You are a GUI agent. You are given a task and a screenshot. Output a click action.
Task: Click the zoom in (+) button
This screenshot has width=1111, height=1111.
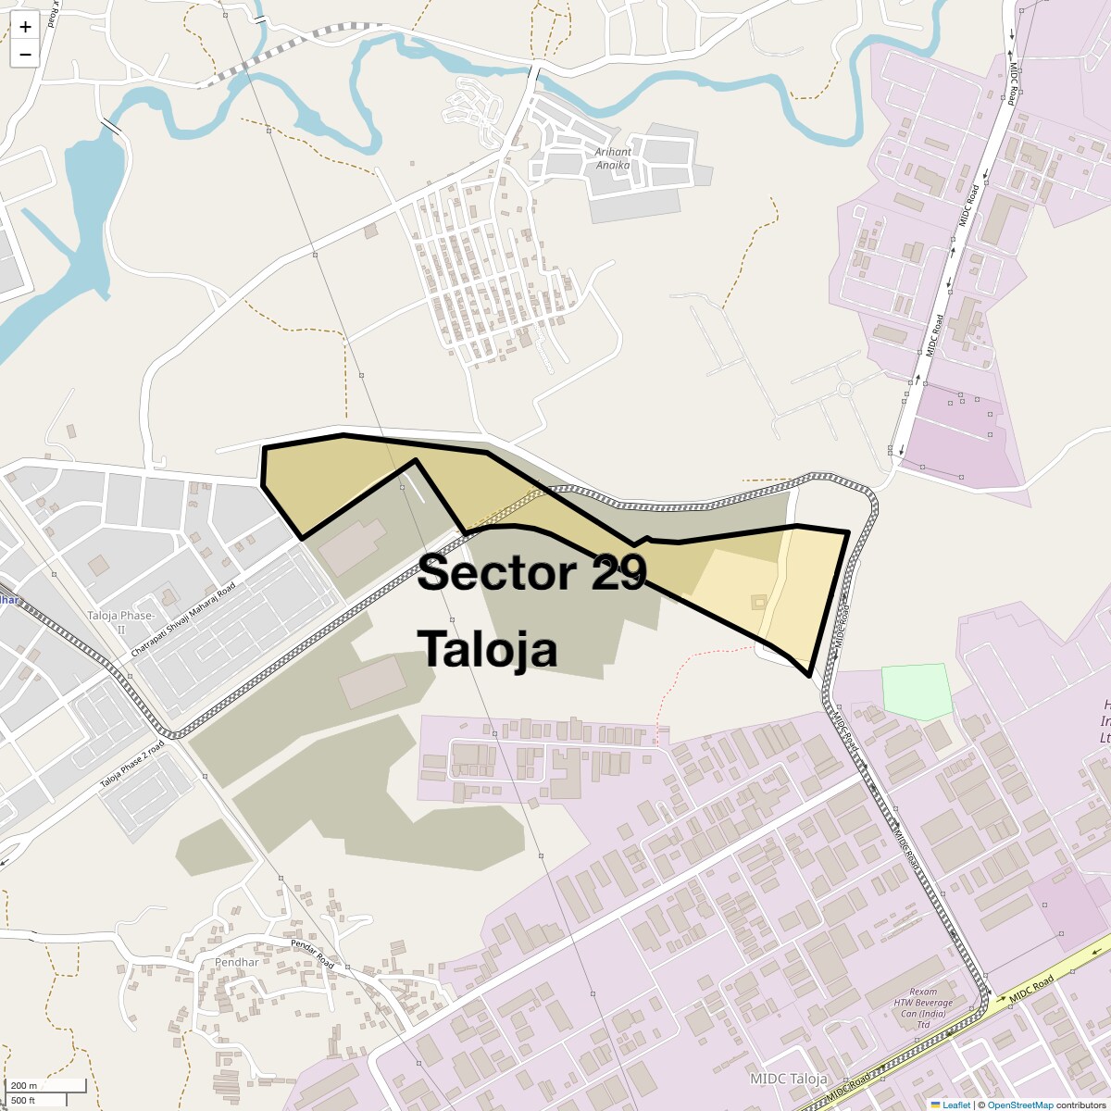(25, 27)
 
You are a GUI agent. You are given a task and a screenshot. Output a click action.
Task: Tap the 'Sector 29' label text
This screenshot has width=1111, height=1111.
(531, 573)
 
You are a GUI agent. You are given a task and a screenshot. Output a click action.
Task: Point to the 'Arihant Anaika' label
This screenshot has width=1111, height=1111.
(613, 158)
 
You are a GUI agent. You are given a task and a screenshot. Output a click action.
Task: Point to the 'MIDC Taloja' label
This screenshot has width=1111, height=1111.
(788, 1079)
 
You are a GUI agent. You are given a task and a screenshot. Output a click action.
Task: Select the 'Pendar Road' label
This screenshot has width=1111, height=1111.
(312, 954)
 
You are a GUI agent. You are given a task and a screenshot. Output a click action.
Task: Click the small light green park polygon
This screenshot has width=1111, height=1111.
(916, 691)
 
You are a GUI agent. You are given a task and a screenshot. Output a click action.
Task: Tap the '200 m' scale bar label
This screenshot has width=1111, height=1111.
(24, 1085)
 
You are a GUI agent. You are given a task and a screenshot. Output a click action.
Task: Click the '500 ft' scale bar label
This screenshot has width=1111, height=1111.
(24, 1100)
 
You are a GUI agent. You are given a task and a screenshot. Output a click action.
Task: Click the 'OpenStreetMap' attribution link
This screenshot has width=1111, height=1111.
(1019, 1105)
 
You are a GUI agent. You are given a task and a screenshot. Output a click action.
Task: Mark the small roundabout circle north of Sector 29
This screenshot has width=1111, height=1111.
(844, 389)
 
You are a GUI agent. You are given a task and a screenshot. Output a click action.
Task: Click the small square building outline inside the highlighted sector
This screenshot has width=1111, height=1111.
(759, 603)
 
